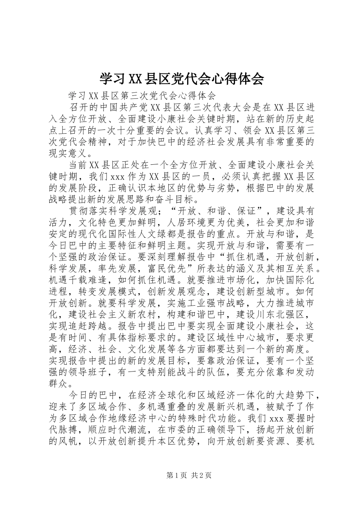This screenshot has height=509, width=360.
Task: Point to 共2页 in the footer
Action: coord(201,475)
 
